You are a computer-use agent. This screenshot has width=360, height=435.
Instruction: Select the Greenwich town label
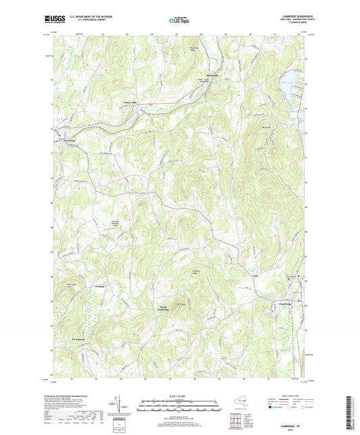pos(71,140)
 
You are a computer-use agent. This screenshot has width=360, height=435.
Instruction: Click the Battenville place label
pos(213,75)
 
